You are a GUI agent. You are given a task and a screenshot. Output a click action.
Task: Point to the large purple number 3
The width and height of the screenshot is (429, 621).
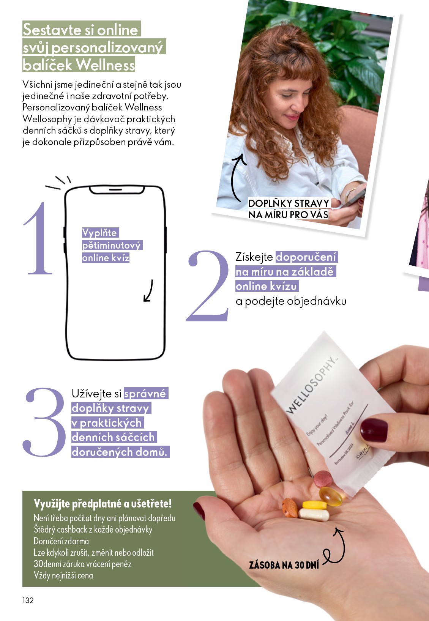click(x=45, y=422)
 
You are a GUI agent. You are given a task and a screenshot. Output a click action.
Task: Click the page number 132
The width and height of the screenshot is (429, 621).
click(x=28, y=600)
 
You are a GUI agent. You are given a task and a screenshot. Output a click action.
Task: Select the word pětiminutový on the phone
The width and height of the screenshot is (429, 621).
click(x=111, y=245)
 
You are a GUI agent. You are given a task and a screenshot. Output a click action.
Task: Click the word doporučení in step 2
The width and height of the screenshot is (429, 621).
click(x=306, y=257)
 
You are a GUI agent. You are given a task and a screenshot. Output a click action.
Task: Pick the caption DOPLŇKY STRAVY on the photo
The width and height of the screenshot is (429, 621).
click(x=289, y=203)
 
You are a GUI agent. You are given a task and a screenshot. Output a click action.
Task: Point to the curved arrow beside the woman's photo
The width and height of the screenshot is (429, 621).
click(x=237, y=177)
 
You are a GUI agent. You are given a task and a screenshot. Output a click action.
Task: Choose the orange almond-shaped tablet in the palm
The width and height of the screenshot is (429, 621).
click(x=290, y=508)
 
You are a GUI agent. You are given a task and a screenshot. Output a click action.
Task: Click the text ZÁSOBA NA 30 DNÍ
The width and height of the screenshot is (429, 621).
click(x=284, y=565)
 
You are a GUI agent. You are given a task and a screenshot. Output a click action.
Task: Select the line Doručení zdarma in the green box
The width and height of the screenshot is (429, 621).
click(x=61, y=541)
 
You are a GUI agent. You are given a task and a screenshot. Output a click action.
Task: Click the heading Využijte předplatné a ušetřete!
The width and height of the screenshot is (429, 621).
click(x=103, y=504)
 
